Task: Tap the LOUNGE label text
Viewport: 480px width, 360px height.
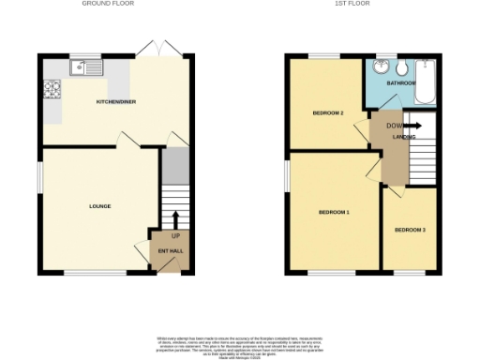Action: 100,206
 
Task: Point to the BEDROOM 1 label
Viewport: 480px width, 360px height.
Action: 334,213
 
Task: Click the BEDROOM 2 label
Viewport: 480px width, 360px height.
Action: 328,113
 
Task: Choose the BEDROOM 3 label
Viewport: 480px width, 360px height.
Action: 410,230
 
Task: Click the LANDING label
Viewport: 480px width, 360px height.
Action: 404,138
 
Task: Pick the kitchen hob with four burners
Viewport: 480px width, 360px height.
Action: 52,90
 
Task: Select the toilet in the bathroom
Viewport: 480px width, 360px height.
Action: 402,70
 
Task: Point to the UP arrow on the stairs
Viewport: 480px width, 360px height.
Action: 175,222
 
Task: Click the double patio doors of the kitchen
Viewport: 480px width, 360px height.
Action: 156,49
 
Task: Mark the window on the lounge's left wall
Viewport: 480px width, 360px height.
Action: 40,175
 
